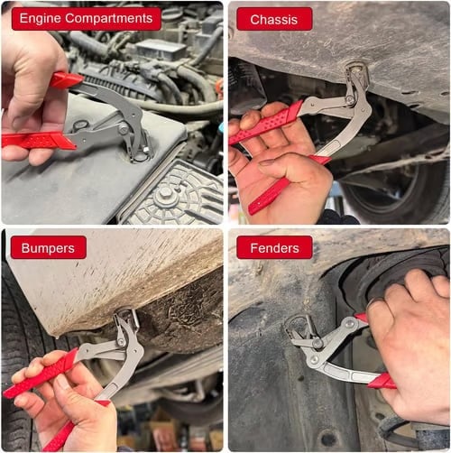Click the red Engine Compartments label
click(x=86, y=19)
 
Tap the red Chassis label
click(x=273, y=19)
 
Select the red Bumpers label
click(x=49, y=247)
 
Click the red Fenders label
click(x=274, y=247)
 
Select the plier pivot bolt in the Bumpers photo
click(x=120, y=344)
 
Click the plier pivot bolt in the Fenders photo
click(x=318, y=344)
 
